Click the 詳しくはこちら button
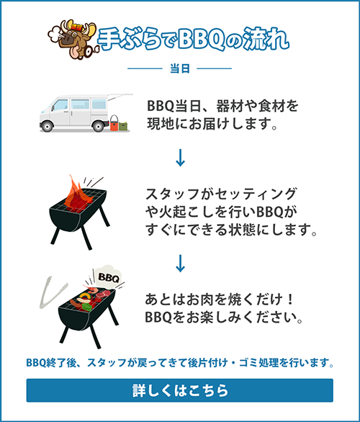tap(180, 390)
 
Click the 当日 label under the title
tap(180, 68)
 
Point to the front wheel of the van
tap(48, 126)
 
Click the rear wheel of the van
tap(98, 126)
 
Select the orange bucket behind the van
tap(114, 124)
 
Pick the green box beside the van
tap(123, 126)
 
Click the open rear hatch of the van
tap(120, 96)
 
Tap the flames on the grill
tap(77, 194)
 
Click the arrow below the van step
tap(180, 158)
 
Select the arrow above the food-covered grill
tap(180, 263)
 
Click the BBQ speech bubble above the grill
tap(108, 277)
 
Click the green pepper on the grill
tap(86, 307)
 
